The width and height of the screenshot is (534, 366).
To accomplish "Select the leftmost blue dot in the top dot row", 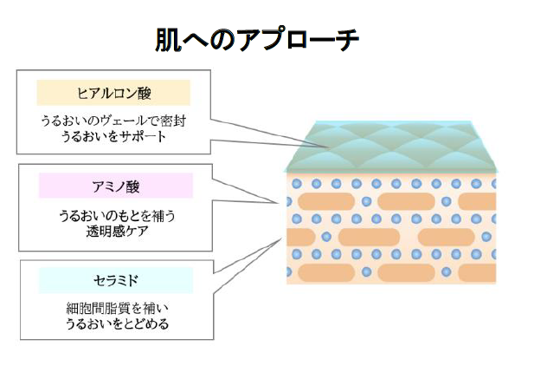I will pyautogui.click(x=298, y=184).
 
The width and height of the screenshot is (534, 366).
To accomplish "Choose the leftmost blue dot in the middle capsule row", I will pyautogui.click(x=326, y=237).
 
